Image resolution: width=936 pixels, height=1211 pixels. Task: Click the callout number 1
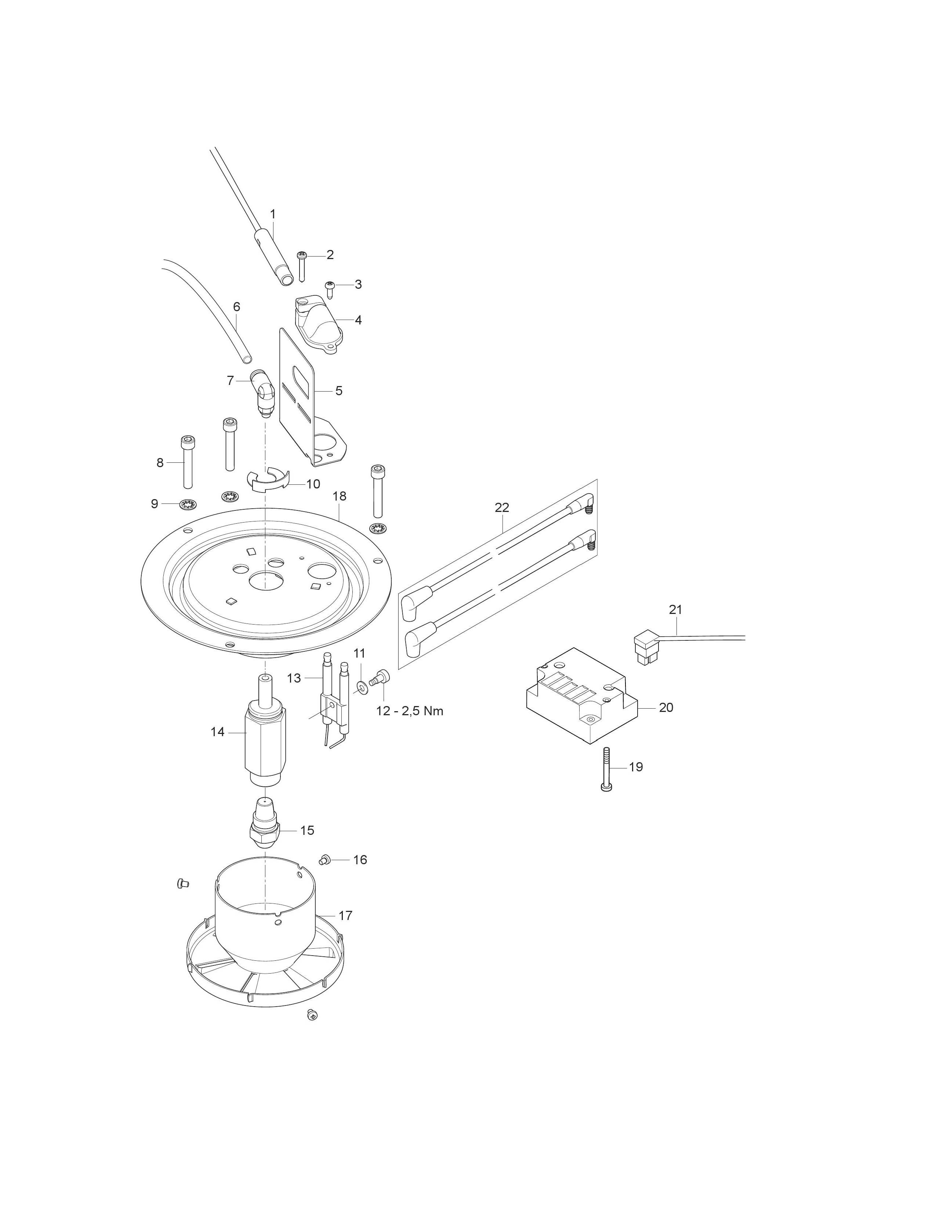coord(272,214)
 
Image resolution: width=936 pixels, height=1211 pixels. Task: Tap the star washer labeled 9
coord(188,505)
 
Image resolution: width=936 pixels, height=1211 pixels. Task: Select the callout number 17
coord(345,916)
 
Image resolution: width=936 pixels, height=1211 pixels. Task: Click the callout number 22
coord(502,508)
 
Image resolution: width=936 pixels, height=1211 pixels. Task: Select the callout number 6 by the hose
coord(237,307)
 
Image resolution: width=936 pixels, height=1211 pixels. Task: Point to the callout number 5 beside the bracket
coord(339,391)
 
